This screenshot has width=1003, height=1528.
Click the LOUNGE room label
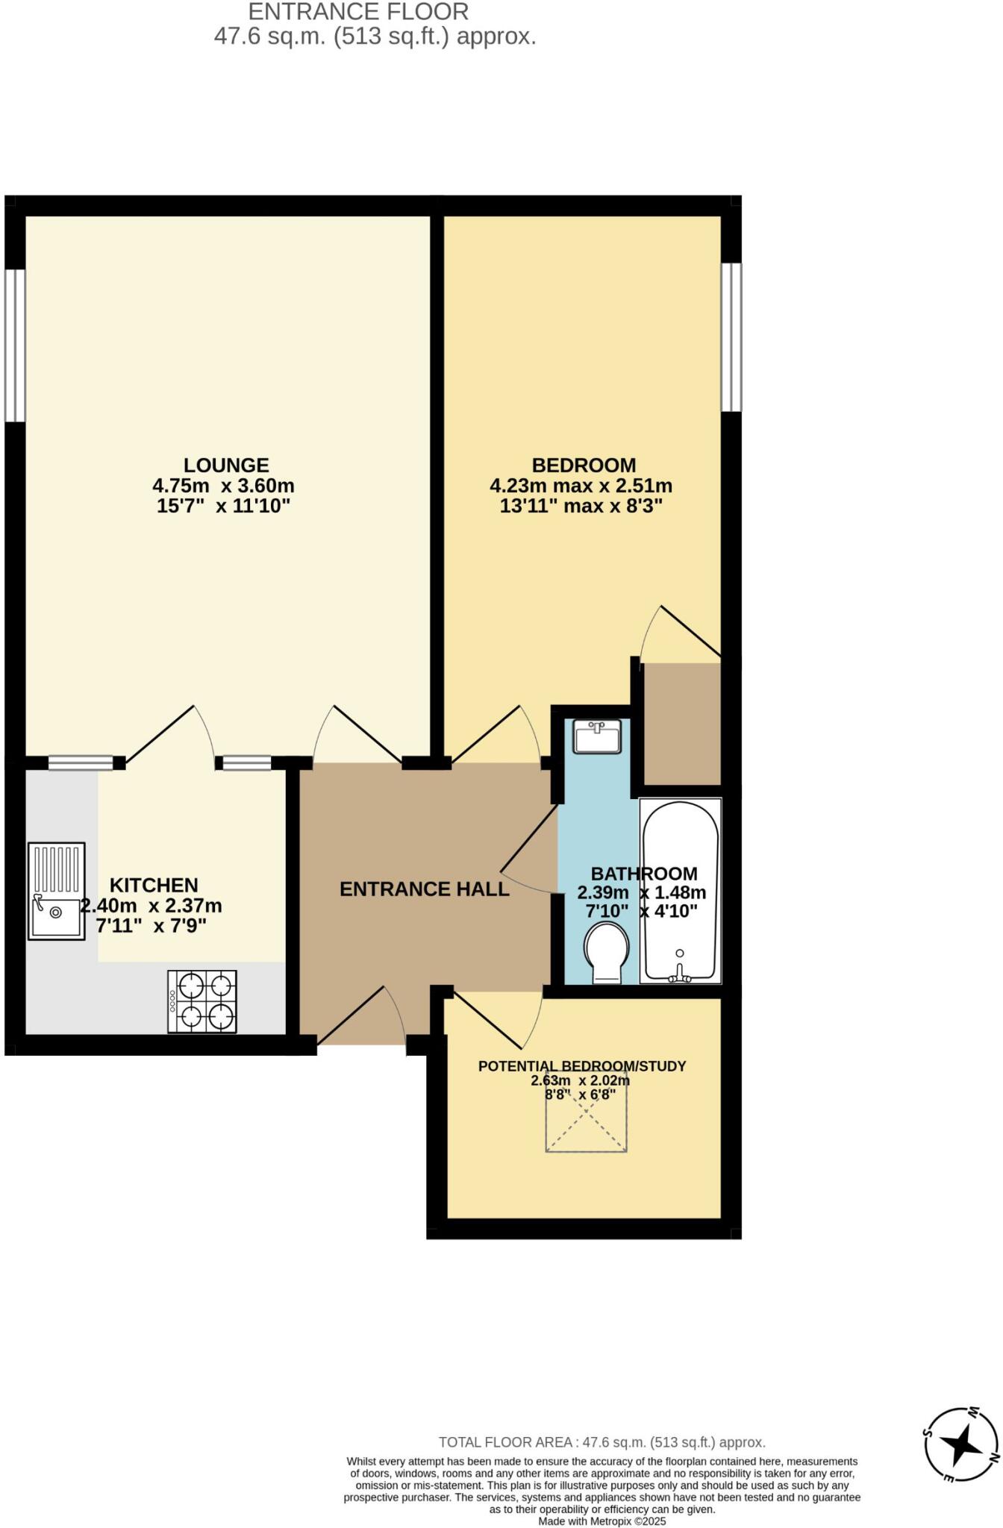(x=225, y=465)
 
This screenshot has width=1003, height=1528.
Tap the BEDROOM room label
(x=584, y=465)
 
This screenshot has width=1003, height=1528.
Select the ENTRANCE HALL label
(x=424, y=889)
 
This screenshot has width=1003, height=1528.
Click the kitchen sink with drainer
(x=57, y=891)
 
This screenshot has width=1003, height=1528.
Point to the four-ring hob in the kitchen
(x=202, y=1001)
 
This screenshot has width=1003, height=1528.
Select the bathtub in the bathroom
(x=681, y=891)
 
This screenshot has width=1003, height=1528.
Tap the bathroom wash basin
(x=597, y=737)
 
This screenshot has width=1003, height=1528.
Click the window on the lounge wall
(x=15, y=345)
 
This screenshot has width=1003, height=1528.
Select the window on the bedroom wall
(x=731, y=336)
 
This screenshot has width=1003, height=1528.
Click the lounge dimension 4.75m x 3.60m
(x=223, y=486)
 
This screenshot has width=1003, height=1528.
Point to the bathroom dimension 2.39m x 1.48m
(x=642, y=892)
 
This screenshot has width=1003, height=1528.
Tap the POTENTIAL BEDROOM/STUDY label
(x=581, y=1066)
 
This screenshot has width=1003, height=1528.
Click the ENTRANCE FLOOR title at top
(x=358, y=12)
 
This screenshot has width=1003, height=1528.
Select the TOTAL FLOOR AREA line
(x=602, y=1442)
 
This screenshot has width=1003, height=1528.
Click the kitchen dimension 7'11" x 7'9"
(x=151, y=926)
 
